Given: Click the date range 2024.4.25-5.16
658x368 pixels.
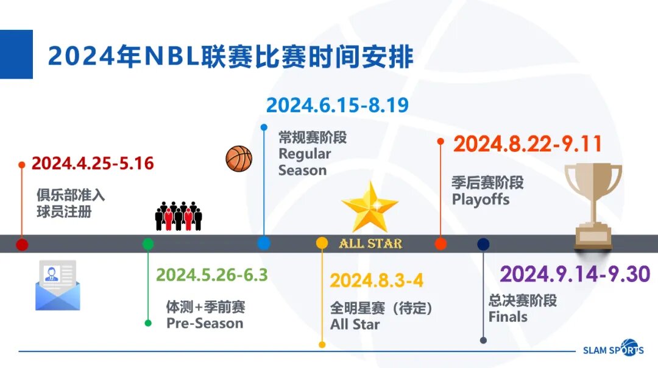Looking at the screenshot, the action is (x=93, y=163).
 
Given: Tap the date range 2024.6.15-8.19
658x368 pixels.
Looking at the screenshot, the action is (x=338, y=105).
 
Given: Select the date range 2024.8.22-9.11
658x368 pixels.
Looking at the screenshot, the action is (x=528, y=144).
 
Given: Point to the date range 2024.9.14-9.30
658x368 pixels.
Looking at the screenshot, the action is (x=575, y=274).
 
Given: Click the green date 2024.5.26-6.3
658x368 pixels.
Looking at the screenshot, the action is (x=212, y=275).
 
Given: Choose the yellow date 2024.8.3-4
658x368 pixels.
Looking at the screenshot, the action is (x=377, y=281).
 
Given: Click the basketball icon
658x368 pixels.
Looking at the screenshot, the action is (x=239, y=159).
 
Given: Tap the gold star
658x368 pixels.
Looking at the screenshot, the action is (x=370, y=207).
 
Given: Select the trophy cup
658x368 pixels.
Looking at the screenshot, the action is (x=593, y=206).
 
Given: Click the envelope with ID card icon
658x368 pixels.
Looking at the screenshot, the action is (x=57, y=285).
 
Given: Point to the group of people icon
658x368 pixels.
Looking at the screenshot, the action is (x=179, y=216).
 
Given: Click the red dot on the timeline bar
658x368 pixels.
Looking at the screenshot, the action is (x=22, y=244).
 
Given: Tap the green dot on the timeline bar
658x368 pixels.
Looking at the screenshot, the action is (x=147, y=244).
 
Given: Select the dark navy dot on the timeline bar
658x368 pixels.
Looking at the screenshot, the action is (x=483, y=244).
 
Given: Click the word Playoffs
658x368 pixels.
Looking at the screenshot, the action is (x=481, y=200).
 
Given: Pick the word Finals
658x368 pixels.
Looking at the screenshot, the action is (x=508, y=317).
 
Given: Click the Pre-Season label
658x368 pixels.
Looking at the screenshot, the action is (x=205, y=323).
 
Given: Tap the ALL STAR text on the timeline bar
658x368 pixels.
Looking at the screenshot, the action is (x=370, y=244).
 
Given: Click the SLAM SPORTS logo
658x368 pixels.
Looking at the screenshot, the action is (x=613, y=348).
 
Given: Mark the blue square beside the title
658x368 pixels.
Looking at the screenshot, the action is (x=16, y=54).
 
